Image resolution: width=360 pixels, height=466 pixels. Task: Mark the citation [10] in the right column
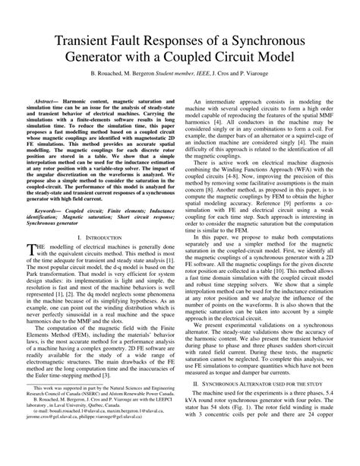275,272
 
